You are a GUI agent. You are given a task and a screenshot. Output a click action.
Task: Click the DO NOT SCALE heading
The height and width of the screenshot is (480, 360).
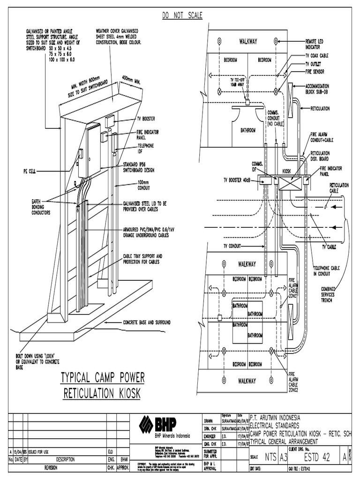pos(182,15)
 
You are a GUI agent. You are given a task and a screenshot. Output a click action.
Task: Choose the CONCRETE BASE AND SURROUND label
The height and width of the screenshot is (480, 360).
pos(147,322)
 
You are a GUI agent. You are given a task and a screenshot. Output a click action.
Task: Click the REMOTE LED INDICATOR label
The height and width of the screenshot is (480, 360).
pos(317,44)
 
